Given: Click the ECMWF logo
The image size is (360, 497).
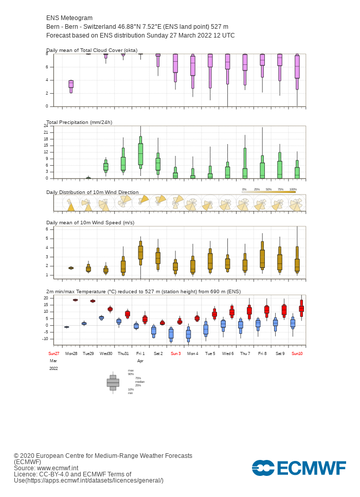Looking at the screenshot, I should (299, 468).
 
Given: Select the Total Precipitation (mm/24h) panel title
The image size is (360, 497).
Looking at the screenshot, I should (79, 122).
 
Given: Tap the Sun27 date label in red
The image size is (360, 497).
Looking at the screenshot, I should (53, 353).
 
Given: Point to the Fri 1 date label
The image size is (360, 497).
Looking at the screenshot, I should (140, 353).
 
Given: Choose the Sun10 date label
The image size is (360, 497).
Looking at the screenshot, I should (297, 353).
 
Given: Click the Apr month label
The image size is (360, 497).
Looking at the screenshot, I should (140, 361).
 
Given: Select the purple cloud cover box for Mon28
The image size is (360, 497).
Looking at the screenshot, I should (71, 84).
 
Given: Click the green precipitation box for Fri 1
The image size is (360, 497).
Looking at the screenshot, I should (140, 154).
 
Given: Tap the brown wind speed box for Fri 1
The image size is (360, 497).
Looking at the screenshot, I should (140, 252).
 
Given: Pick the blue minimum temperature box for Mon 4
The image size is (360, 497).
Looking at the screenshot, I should (188, 334).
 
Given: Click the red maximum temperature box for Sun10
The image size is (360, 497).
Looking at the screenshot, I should (301, 308).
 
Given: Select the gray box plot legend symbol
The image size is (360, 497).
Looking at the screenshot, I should (113, 382).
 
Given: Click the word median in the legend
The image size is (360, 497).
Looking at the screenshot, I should (139, 382).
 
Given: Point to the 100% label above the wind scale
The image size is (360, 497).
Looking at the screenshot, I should (293, 189).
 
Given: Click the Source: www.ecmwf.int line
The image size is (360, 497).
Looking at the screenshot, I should (46, 468).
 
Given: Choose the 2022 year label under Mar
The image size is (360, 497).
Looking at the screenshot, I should (53, 368).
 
